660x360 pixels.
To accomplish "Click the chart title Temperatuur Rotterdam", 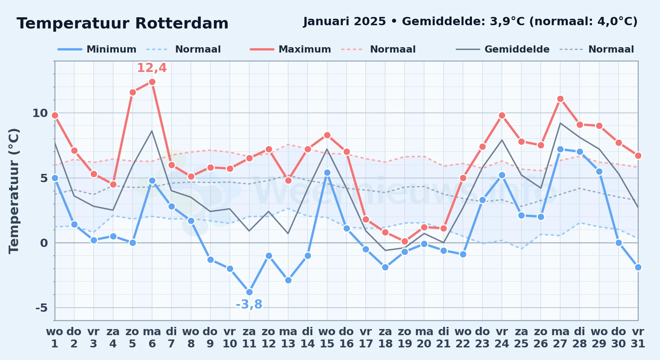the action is [x=122, y=23].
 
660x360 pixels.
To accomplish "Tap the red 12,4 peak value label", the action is [x=152, y=68].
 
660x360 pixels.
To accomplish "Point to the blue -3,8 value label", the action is [x=249, y=305].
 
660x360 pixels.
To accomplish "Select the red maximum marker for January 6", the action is [x=152, y=82].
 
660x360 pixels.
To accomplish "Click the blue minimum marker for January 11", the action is [x=249, y=292].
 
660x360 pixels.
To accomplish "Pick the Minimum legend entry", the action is [x=97, y=49].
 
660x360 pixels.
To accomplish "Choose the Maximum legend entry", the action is [x=290, y=49].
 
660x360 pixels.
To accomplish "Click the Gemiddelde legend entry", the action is [x=503, y=49].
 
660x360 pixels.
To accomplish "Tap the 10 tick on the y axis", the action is [x=40, y=113].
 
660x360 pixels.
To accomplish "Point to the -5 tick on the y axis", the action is [x=41, y=308].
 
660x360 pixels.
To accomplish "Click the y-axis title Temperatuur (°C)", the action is [x=14, y=191].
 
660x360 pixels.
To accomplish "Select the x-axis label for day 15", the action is [x=327, y=338].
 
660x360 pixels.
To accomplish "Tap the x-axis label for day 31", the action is [x=638, y=338].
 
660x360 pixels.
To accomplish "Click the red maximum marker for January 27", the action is [x=560, y=99].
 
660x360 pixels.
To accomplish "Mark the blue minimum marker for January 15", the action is [x=327, y=172].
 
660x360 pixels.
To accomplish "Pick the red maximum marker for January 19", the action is [x=405, y=241].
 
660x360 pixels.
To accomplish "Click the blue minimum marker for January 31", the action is [x=638, y=267].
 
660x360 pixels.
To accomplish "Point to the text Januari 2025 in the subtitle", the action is [x=344, y=22].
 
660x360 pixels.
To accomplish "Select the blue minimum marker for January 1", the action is [x=55, y=178].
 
